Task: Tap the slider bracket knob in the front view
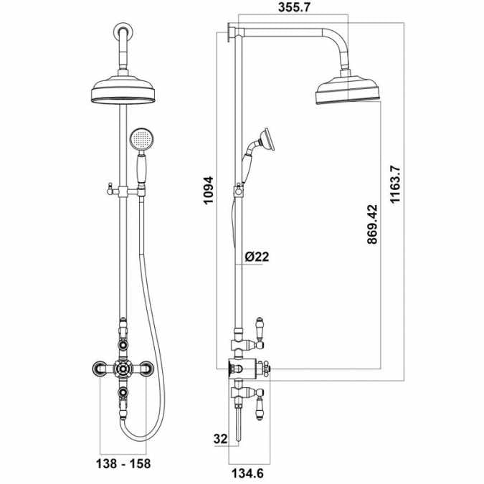point(108,190)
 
